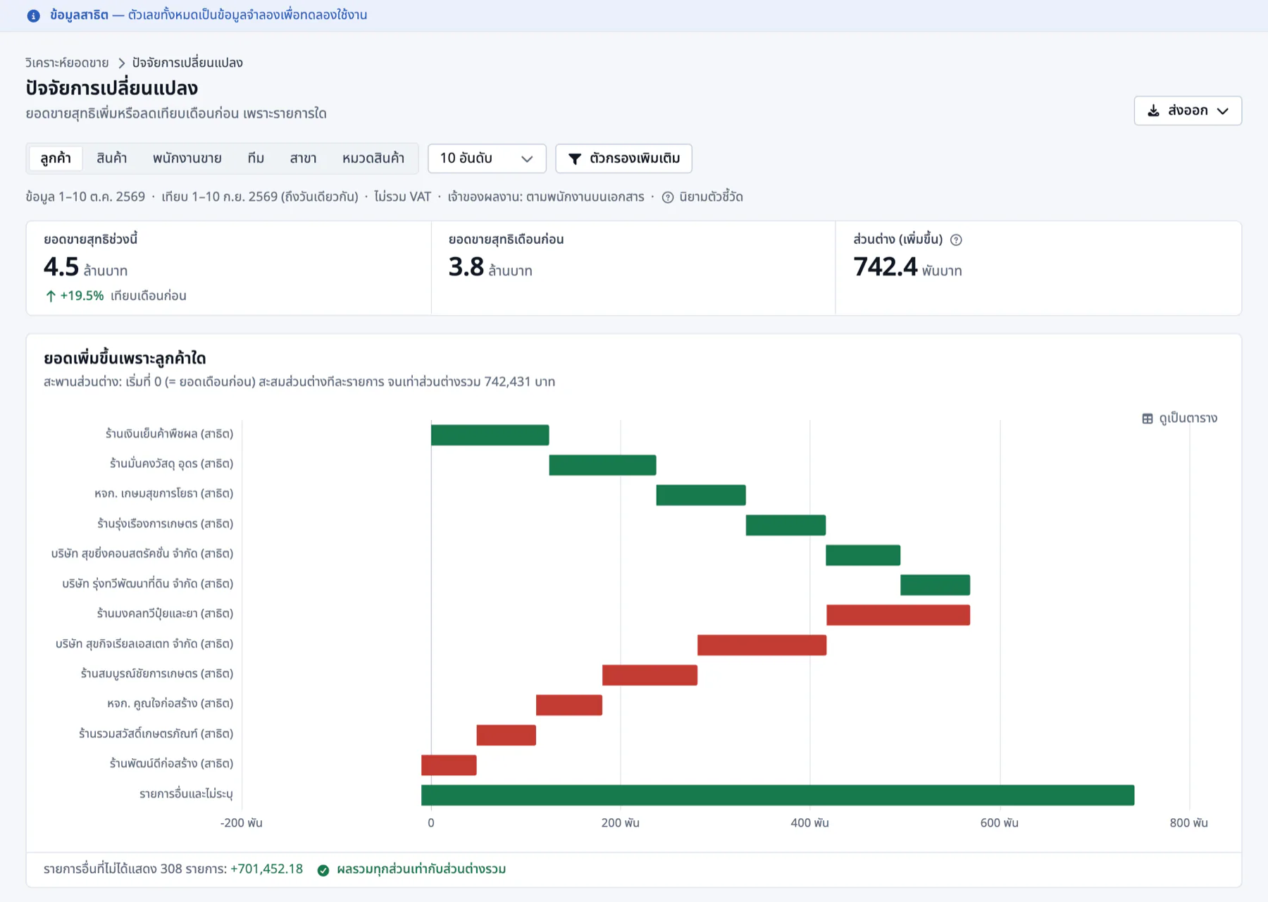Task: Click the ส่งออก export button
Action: (x=1188, y=111)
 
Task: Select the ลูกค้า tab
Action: (x=56, y=159)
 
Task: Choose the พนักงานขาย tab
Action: (x=187, y=159)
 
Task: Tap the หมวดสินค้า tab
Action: (x=373, y=159)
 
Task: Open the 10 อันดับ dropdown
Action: (x=487, y=159)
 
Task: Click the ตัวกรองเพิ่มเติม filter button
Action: (x=623, y=159)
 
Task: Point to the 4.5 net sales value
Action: (x=61, y=267)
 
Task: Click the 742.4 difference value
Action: (x=885, y=267)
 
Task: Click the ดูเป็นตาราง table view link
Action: (x=1179, y=419)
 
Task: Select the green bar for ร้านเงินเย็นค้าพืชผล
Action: (x=490, y=435)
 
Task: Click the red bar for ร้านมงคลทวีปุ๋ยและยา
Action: (x=898, y=615)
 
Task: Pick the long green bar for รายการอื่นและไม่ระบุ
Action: (x=778, y=795)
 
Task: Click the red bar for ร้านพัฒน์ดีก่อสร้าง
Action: (x=449, y=765)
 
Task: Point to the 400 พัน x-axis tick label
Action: (x=809, y=823)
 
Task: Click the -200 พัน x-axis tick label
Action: (x=241, y=823)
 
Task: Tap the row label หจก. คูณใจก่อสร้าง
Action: (x=170, y=704)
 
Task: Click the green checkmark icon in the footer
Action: (x=323, y=870)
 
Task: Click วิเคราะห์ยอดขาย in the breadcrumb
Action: (x=67, y=63)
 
